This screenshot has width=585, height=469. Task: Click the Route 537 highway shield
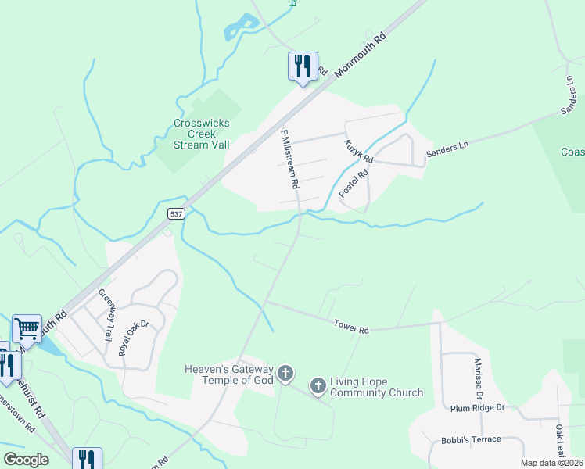click(x=175, y=213)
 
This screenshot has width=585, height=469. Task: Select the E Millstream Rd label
click(x=289, y=159)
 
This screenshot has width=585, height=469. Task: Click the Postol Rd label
click(x=353, y=184)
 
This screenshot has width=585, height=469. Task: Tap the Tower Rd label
click(x=351, y=326)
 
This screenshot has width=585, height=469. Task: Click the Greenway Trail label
click(x=105, y=315)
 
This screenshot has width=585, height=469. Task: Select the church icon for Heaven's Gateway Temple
click(x=286, y=374)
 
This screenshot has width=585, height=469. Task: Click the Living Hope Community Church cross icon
click(x=318, y=385)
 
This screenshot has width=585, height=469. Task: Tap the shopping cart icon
click(x=27, y=328)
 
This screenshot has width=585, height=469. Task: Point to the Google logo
click(x=26, y=459)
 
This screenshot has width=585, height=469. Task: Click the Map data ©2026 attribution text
click(x=551, y=463)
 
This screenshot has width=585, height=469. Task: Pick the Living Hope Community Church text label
click(x=376, y=387)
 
